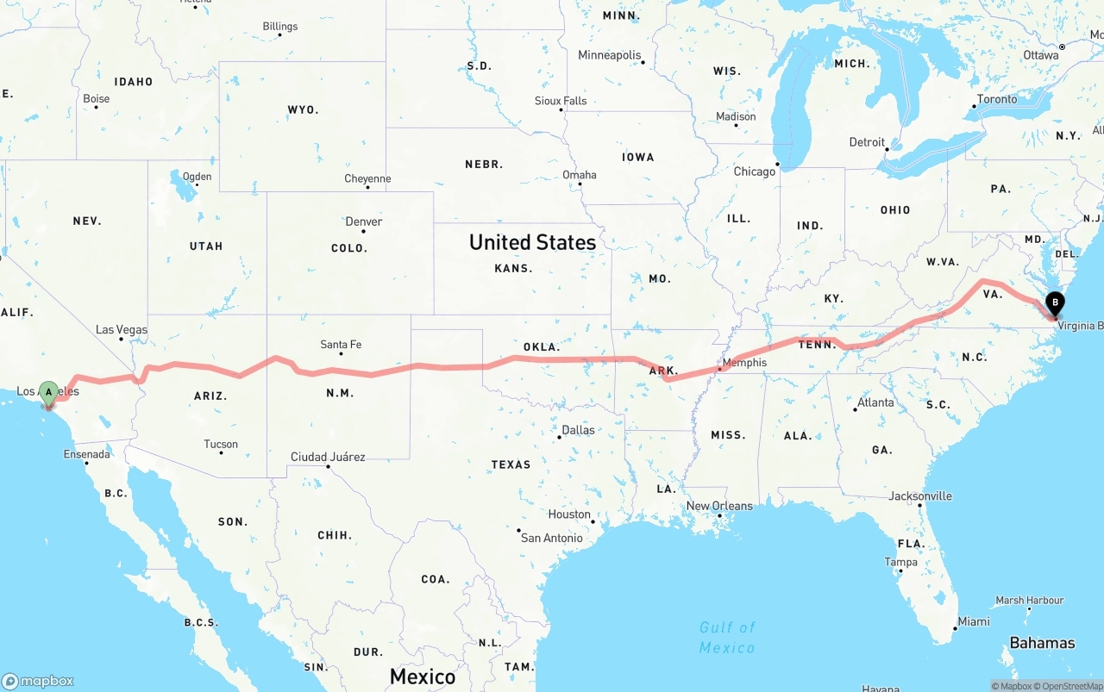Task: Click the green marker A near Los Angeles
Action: tap(49, 393)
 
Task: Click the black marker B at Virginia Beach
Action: tap(1054, 303)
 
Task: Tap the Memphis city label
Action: tap(744, 363)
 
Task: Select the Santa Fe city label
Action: tap(341, 345)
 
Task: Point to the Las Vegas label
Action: tap(122, 330)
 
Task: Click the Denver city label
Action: tap(363, 221)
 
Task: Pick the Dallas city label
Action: tap(578, 430)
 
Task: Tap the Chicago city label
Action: tap(755, 171)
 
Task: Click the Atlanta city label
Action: tap(875, 402)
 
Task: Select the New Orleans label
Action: tap(719, 506)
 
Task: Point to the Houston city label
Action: tap(569, 514)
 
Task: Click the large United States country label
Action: tap(532, 242)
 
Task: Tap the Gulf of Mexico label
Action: tap(727, 638)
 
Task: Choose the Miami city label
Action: tap(974, 621)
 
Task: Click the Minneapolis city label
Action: tap(610, 55)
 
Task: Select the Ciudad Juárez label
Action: tap(328, 457)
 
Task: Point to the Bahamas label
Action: tap(1042, 643)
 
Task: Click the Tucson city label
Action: tap(221, 445)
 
